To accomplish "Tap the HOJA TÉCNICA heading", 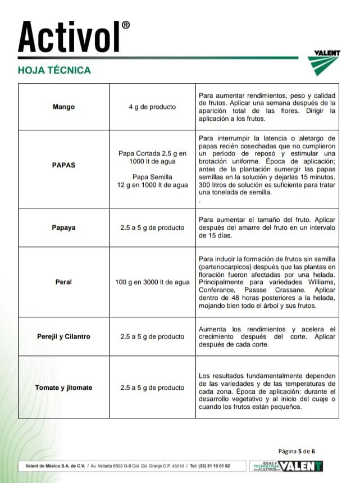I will click(54, 70).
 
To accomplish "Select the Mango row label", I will click(63, 107).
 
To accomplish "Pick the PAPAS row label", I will click(63, 166).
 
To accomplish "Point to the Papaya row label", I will click(63, 228).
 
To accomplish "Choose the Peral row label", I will click(63, 282).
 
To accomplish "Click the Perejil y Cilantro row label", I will click(63, 337).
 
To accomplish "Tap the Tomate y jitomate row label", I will click(63, 388).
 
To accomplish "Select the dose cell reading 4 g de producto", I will click(152, 107).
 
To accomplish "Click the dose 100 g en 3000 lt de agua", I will click(152, 282).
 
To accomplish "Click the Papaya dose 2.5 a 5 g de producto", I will click(152, 228).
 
